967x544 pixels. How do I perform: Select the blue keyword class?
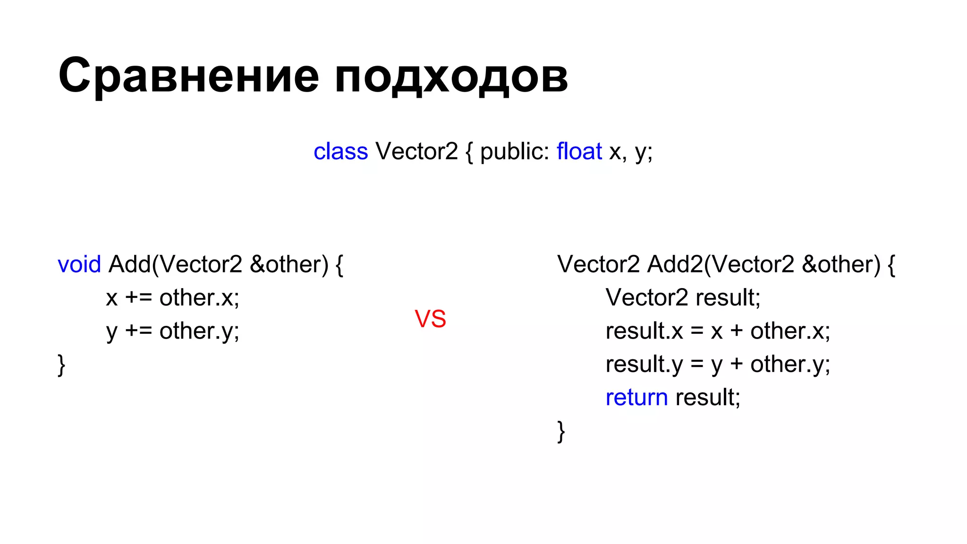click(340, 152)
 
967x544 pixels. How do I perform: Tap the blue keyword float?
click(579, 152)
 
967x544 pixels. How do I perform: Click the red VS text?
click(430, 319)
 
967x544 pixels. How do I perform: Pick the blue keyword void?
click(79, 264)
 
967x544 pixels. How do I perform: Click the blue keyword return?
click(636, 397)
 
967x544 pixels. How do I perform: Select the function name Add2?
click(675, 264)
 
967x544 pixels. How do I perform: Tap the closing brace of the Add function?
click(61, 365)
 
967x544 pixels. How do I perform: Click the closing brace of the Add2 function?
click(561, 431)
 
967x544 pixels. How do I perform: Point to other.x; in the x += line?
click(199, 297)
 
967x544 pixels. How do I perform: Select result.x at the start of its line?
click(644, 331)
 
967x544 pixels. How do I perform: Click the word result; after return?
click(708, 397)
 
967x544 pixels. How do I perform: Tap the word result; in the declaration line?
click(728, 297)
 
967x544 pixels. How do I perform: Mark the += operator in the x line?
click(138, 298)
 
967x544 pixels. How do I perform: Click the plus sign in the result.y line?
click(737, 364)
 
